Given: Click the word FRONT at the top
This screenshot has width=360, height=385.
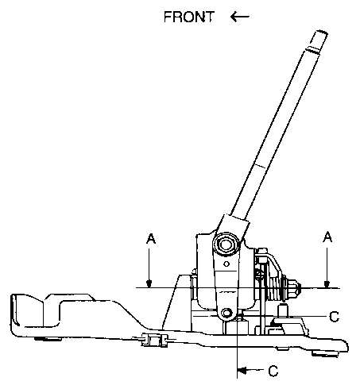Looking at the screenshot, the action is [188, 17].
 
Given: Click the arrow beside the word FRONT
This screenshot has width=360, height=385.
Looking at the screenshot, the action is [240, 17].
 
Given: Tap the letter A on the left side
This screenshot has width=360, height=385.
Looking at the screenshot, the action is [151, 238].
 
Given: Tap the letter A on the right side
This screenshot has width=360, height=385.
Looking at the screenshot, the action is [327, 237].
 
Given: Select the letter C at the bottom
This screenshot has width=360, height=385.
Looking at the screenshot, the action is [273, 371].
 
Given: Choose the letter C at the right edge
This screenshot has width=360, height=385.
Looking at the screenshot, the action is [334, 317].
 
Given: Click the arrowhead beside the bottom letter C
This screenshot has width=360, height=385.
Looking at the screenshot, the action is [242, 370].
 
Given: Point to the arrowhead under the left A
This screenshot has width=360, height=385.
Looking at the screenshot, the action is [149, 284].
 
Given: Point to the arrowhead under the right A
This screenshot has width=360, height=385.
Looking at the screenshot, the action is [327, 284].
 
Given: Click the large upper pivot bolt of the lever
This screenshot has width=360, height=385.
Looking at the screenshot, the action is [226, 244].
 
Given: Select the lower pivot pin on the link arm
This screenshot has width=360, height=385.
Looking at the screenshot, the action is [226, 314].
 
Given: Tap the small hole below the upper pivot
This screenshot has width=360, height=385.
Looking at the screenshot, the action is [226, 264].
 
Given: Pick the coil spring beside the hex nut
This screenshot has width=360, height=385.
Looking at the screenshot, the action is [276, 288].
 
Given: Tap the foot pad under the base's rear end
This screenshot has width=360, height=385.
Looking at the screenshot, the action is [324, 353].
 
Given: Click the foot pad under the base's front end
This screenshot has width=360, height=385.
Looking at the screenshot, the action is [48, 338].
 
